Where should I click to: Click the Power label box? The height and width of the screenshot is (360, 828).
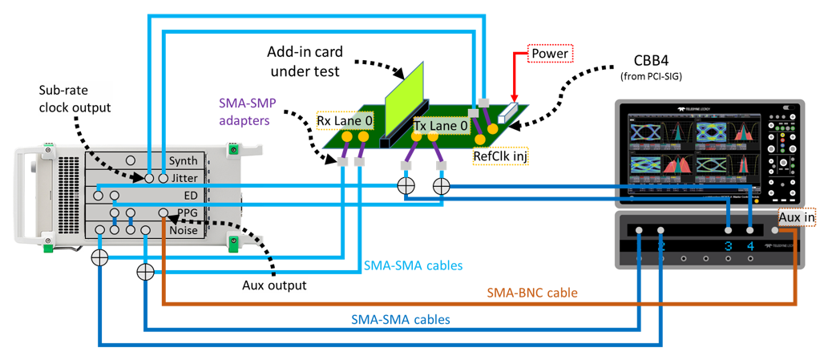(549, 55)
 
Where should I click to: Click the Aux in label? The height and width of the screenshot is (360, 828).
(798, 218)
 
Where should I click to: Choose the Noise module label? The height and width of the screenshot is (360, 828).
(184, 231)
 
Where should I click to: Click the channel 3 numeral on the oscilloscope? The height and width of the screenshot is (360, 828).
(728, 246)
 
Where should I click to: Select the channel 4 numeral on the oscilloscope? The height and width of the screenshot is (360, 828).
(750, 246)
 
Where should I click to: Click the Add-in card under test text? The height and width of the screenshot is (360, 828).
(306, 61)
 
